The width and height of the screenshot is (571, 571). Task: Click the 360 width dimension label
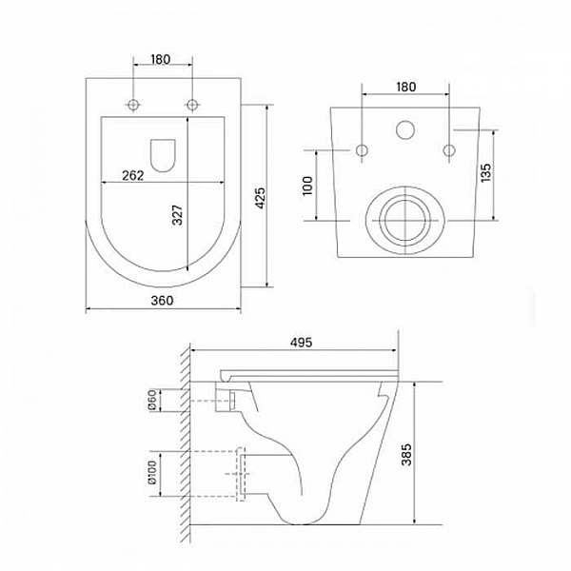162,301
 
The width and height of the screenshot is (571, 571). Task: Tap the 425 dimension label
260,198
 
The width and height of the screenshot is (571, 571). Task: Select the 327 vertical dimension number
177,215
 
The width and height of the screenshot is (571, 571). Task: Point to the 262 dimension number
133,175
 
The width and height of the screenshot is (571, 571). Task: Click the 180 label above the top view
160,59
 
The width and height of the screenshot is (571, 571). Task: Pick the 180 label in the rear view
405,87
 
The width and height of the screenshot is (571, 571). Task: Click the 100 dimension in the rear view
307,186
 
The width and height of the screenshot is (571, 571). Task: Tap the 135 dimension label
485,173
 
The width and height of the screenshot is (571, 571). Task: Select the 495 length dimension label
301,343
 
